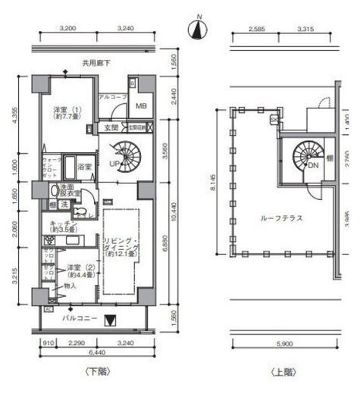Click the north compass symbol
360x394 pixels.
199,29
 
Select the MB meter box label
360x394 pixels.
140,105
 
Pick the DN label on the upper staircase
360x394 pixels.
311,164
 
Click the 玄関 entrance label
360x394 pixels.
111,127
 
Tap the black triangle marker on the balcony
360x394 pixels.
113,320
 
